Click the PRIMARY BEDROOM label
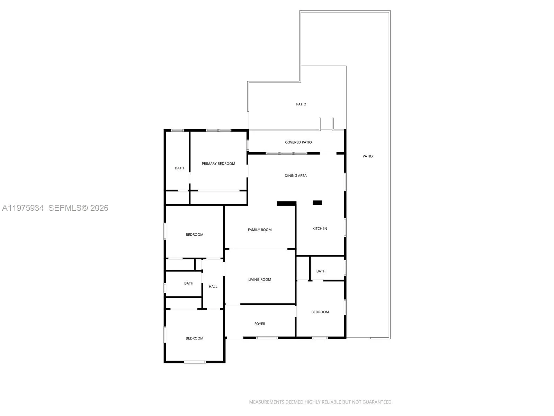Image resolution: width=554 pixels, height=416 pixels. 218,164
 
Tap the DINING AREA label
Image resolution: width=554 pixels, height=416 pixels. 295,176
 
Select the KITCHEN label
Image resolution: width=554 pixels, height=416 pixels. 320,228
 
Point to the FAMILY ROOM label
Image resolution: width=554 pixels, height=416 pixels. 260,230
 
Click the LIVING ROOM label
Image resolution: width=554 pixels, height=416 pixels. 260,279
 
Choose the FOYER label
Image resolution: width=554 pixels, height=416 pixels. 260,324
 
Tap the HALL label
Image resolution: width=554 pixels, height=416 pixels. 213,287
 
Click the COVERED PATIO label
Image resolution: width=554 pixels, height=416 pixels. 298,142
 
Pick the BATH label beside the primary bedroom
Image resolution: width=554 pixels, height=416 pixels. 179,168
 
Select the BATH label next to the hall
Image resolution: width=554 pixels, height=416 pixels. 189,283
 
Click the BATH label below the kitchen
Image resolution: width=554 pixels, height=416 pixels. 321,271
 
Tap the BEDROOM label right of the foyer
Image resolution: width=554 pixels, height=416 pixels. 320,312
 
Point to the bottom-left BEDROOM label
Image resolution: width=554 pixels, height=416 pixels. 194,338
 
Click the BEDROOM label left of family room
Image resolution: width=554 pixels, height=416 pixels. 194,235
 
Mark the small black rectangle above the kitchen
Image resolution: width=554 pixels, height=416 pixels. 317,203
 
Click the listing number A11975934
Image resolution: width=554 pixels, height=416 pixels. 23,208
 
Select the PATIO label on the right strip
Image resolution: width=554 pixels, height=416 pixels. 367,156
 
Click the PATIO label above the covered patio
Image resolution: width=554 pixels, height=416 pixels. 301,104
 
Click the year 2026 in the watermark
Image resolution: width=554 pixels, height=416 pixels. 99,208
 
